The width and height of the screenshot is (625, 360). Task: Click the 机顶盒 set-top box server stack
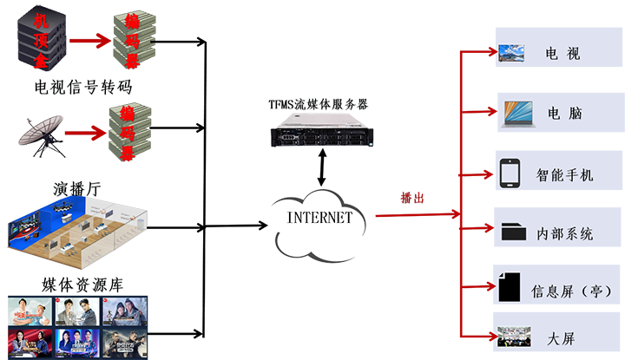point(40,39)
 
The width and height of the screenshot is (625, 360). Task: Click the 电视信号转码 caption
point(82,88)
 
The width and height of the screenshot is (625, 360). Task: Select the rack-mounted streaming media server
point(319,133)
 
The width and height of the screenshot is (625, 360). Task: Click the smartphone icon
point(510,173)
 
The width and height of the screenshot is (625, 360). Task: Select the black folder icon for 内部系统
point(513,232)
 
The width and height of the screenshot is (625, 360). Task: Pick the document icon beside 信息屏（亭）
point(512,287)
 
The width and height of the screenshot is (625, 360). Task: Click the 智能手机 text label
point(564,175)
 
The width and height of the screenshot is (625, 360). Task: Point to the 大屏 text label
point(556,337)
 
